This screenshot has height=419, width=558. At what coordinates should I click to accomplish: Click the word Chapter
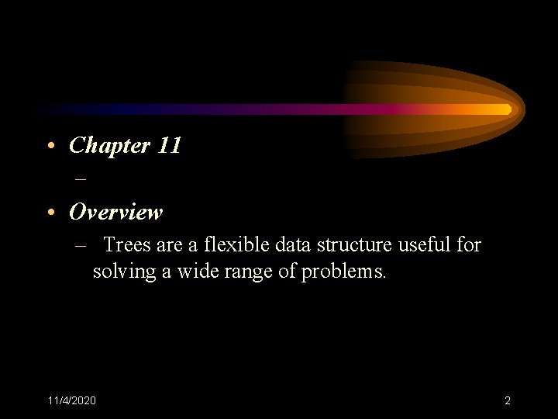pos(109,145)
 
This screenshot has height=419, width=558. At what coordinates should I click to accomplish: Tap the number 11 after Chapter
pos(168,145)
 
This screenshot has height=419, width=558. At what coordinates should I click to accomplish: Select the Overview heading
pos(115,212)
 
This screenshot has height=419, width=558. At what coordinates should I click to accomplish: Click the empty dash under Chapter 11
pos(80,178)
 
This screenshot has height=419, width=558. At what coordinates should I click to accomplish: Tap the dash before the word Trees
pos(81,246)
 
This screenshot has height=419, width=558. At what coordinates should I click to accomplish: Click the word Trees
pos(127,245)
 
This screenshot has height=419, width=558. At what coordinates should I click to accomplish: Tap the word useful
pos(425,245)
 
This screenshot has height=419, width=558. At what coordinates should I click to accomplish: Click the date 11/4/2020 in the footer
pos(71,400)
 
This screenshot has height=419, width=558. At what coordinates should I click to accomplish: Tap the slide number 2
pos(507,400)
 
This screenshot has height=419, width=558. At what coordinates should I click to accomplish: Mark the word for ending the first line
pos(468,245)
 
